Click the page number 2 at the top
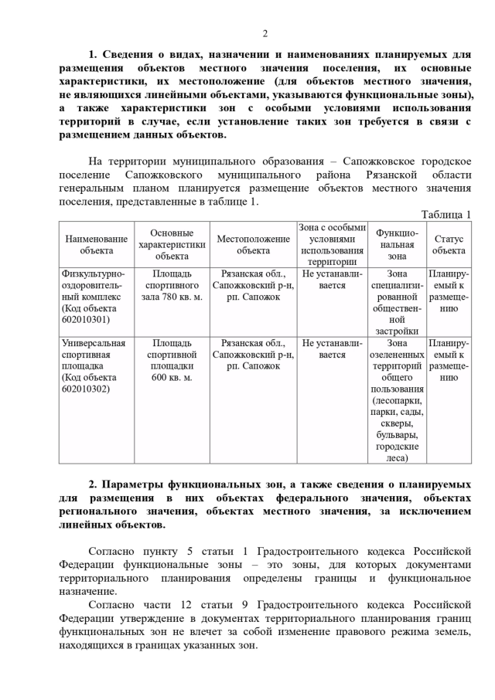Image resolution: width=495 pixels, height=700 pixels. pyautogui.click(x=265, y=32)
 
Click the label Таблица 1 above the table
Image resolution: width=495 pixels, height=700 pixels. pyautogui.click(x=445, y=214)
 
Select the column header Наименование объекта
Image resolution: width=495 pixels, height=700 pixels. pyautogui.click(x=96, y=244)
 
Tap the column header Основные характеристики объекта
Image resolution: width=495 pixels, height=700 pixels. pyautogui.click(x=172, y=244)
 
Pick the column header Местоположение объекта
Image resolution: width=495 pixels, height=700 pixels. pyautogui.click(x=253, y=244)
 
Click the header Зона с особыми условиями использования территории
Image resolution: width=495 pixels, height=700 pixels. pyautogui.click(x=332, y=244)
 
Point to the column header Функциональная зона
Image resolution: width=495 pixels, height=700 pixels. pyautogui.click(x=396, y=244)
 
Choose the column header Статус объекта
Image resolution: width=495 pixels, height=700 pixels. pyautogui.click(x=449, y=244)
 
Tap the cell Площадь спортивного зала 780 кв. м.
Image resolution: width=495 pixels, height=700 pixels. pyautogui.click(x=172, y=285)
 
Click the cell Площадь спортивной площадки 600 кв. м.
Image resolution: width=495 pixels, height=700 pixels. pyautogui.click(x=172, y=360)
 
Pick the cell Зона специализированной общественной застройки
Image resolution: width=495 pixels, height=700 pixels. pyautogui.click(x=396, y=302)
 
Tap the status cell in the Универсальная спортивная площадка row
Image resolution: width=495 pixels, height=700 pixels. pyautogui.click(x=449, y=360)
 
